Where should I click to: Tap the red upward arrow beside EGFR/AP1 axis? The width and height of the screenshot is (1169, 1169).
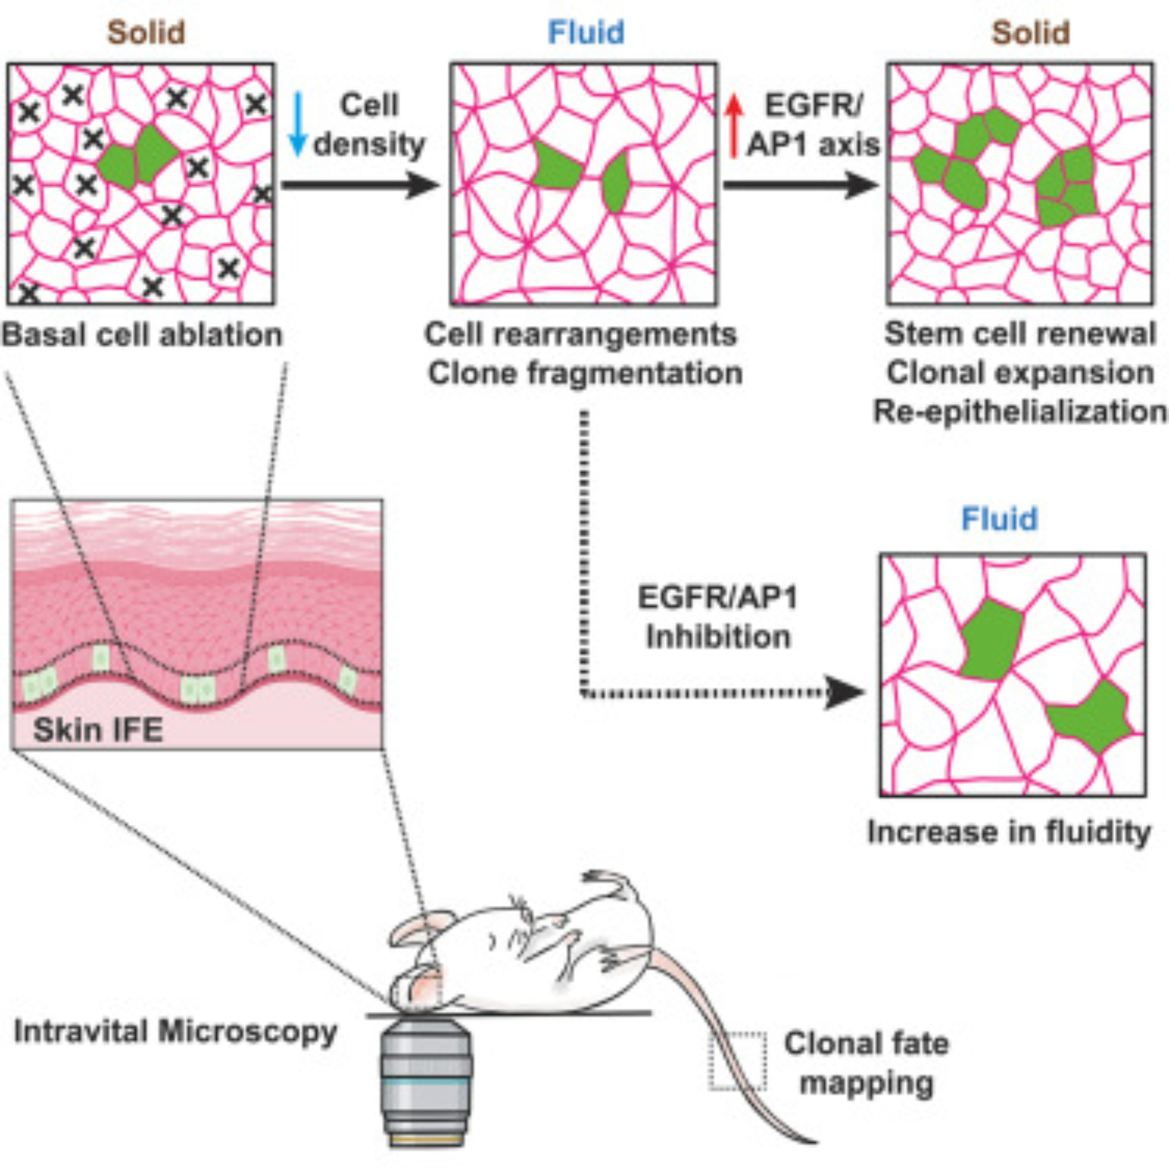(734, 127)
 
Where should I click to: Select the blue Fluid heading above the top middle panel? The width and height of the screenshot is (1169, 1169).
(586, 33)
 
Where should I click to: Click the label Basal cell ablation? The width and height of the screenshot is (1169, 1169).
(143, 334)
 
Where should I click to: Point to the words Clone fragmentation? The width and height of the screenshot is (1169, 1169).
(585, 373)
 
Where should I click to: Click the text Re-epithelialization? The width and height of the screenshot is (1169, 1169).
(1020, 412)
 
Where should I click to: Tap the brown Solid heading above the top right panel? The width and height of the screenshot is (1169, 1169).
(1030, 33)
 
